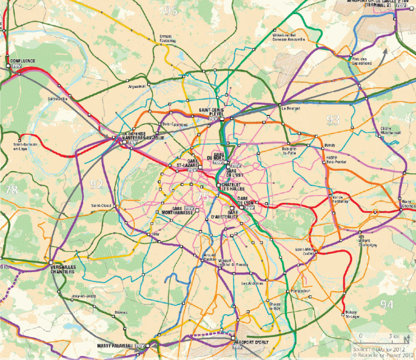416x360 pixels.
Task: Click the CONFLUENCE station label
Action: point(22,60)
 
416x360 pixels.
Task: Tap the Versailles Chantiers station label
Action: point(63,268)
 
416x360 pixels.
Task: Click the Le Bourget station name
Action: point(290,108)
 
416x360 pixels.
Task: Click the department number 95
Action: point(171,11)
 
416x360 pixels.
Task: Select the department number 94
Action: point(386,304)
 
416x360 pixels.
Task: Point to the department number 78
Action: point(10,190)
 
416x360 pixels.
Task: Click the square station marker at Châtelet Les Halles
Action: point(218,185)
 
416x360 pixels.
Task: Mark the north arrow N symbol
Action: point(405,338)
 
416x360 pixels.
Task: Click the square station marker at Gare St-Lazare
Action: point(200,167)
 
